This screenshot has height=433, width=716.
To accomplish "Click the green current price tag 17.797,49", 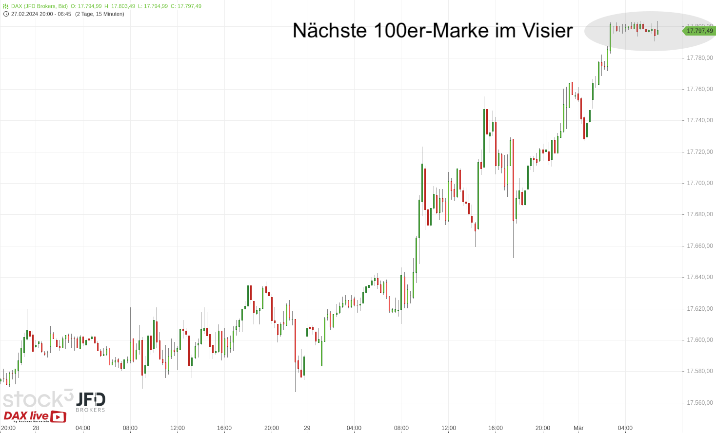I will pyautogui.click(x=699, y=31).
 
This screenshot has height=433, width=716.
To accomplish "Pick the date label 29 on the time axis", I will pyautogui.click(x=307, y=428).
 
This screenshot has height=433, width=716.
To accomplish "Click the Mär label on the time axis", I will pyautogui.click(x=578, y=428).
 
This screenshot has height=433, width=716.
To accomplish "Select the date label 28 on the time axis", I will pyautogui.click(x=36, y=428).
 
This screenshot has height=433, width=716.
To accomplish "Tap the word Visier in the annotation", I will pyautogui.click(x=548, y=31).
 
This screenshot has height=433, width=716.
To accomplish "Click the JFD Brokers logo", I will pyautogui.click(x=90, y=402).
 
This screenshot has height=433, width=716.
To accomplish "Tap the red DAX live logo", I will pyautogui.click(x=34, y=416).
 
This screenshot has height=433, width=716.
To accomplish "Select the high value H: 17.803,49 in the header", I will pyautogui.click(x=119, y=6).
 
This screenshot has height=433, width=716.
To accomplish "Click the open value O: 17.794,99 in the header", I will pyautogui.click(x=86, y=6).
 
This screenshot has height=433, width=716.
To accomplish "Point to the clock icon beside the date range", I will pyautogui.click(x=6, y=14).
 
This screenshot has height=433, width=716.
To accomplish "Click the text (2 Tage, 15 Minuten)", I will pyautogui.click(x=99, y=14).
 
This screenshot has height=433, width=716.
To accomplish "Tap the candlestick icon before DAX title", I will pyautogui.click(x=6, y=6).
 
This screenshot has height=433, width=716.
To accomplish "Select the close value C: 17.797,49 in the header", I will pyautogui.click(x=186, y=6).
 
